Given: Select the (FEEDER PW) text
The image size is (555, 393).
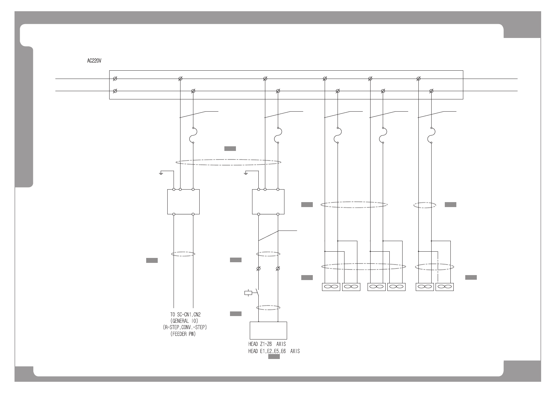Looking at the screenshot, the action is (x=183, y=334).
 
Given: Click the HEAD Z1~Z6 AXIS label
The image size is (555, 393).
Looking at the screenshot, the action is (x=267, y=344).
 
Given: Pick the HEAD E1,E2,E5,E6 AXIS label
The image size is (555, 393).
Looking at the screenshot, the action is (x=274, y=351).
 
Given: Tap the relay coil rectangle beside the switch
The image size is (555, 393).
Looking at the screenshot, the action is (x=248, y=292).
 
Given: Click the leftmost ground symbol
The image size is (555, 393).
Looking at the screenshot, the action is (x=161, y=173).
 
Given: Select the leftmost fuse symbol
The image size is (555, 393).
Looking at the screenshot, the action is (x=193, y=135).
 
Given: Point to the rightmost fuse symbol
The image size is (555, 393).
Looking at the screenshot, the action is (x=431, y=135).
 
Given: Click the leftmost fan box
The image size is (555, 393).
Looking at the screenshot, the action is (x=331, y=287).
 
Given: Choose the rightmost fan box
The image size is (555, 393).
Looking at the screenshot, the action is (x=444, y=287).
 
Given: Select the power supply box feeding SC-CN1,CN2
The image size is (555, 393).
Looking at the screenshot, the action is (x=183, y=202).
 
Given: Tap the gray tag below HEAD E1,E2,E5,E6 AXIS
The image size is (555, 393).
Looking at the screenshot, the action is (x=274, y=357).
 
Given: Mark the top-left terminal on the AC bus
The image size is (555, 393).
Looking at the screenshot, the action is (x=115, y=79).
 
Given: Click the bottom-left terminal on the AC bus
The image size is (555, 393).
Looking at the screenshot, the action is (x=115, y=91).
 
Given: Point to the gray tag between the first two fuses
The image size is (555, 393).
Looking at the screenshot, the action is (x=230, y=149).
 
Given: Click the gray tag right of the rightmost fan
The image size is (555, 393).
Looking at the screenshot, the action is (x=471, y=277).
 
